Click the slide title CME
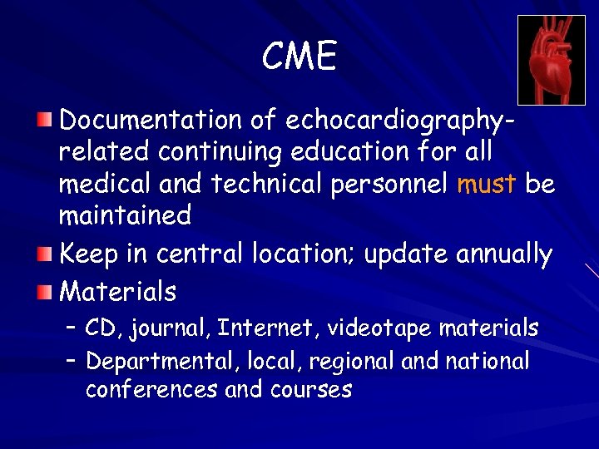[x=299, y=57]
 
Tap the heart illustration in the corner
[x=551, y=60]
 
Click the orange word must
[x=488, y=184]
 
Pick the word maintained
[x=125, y=215]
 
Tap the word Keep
[x=90, y=254]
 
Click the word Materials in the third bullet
[x=118, y=292]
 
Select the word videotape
[x=379, y=329]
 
